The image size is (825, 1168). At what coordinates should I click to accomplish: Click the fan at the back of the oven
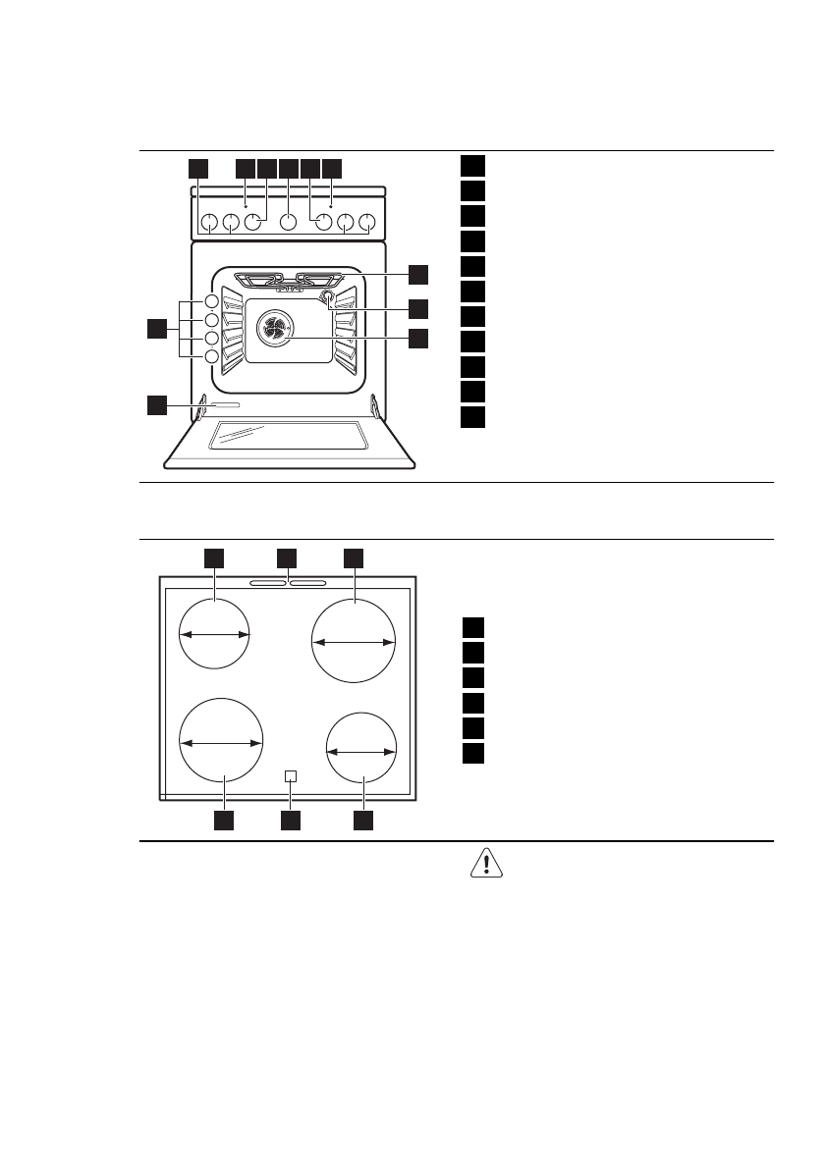(x=275, y=330)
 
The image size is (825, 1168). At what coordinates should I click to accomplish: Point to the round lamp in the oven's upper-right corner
(x=327, y=295)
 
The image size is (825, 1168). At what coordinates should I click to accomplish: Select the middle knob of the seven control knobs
(x=288, y=223)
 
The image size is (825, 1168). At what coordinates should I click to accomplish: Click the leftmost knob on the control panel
(x=208, y=223)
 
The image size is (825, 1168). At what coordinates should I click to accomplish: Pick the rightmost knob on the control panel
(x=367, y=223)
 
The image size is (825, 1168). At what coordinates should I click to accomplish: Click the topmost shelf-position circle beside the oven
(x=211, y=301)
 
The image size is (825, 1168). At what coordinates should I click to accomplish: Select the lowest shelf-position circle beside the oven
(x=211, y=356)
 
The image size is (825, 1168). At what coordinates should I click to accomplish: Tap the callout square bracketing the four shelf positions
(x=156, y=329)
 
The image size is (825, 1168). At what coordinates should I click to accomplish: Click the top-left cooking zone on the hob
(x=215, y=634)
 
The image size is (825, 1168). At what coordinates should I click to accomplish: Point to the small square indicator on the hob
(x=289, y=775)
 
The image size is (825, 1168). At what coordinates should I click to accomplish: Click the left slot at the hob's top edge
(x=266, y=583)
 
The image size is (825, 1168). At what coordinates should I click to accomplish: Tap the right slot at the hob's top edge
(x=308, y=583)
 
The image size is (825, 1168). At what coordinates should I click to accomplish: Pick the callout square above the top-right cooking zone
(x=354, y=558)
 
